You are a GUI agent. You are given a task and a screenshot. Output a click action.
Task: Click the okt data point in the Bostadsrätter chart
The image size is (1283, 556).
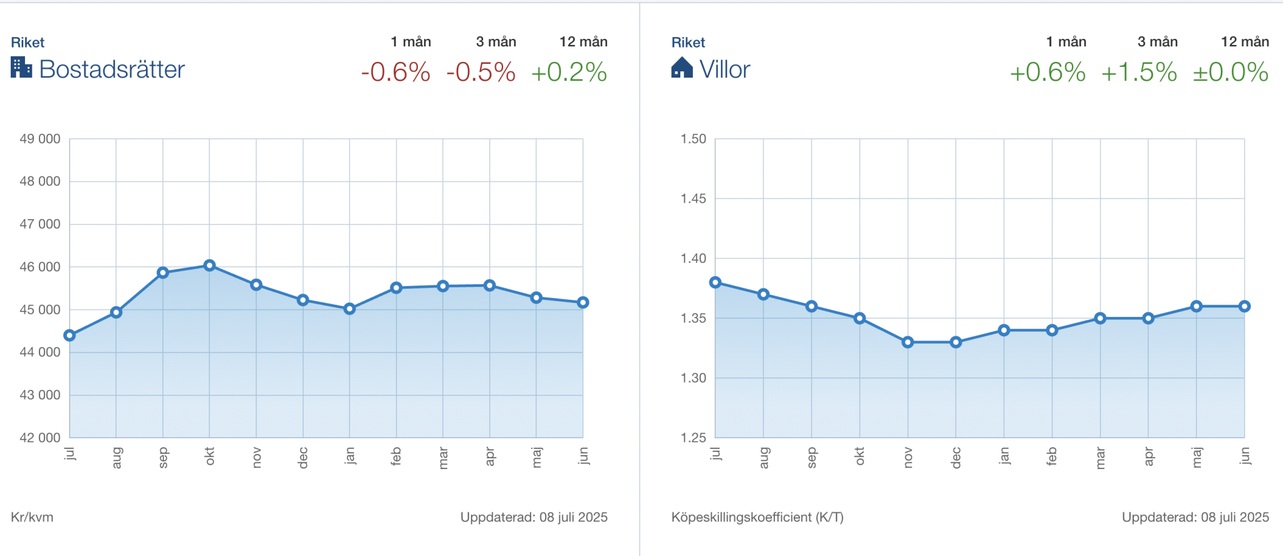tap(210, 265)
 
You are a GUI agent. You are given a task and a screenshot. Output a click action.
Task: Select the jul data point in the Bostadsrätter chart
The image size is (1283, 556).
tap(70, 336)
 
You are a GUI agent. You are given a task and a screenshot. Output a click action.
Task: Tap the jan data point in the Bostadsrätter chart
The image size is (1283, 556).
tap(350, 309)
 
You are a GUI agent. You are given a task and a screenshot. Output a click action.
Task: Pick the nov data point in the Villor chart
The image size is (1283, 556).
tap(908, 342)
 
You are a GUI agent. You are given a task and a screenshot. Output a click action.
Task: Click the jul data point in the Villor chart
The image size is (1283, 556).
tap(715, 282)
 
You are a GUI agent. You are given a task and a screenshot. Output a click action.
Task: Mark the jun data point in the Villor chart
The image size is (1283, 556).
tap(1244, 306)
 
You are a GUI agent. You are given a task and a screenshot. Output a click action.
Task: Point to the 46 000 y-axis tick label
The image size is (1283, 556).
tap(40, 267)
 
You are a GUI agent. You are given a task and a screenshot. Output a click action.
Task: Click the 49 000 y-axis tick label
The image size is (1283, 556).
tap(40, 139)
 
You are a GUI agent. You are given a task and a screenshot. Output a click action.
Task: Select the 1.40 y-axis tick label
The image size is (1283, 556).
tap(693, 259)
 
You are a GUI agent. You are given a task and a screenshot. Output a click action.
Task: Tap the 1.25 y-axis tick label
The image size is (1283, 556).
tap(693, 438)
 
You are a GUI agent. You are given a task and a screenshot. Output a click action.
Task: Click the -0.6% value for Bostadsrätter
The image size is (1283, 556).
tap(396, 72)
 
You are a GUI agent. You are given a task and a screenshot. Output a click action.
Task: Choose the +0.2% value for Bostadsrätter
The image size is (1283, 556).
tap(569, 72)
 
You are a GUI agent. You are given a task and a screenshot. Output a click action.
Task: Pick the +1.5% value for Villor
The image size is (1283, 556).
tap(1139, 72)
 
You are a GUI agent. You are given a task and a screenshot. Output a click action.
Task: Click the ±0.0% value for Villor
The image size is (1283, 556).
tap(1230, 72)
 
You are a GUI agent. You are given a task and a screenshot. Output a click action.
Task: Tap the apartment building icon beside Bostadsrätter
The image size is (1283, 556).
tap(21, 68)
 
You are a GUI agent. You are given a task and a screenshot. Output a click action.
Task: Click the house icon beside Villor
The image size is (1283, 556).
tap(682, 68)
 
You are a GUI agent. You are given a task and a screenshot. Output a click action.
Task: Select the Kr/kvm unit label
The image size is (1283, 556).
tap(32, 517)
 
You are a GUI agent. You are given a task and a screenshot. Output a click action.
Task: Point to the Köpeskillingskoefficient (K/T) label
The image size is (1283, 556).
tap(757, 517)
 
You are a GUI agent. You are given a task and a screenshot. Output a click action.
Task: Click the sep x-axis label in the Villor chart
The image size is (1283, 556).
tap(812, 457)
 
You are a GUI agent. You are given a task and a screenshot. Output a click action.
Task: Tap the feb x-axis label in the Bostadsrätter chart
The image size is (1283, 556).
tap(396, 456)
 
